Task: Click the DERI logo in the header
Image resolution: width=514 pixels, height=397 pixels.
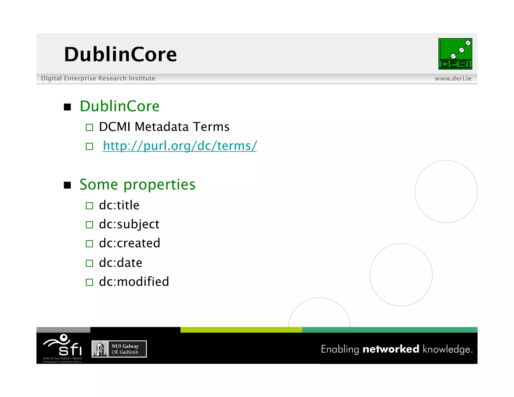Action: [x=455, y=54]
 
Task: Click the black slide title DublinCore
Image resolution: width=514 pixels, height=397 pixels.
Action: [x=120, y=54]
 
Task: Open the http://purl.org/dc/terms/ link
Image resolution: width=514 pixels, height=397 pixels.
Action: [x=180, y=146]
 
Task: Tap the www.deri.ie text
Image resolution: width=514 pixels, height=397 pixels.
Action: [x=453, y=79]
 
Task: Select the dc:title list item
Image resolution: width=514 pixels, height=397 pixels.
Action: [x=119, y=205]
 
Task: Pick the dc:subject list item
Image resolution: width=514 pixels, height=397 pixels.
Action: [x=129, y=224]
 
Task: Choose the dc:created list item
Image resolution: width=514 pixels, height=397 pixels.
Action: [x=130, y=243]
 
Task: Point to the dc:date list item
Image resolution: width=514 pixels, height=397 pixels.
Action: [x=120, y=263]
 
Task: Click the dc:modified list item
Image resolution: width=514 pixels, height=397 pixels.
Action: [x=134, y=282]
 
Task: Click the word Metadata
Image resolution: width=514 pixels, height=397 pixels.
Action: [x=161, y=127]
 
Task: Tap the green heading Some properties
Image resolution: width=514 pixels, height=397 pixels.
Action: [x=137, y=185]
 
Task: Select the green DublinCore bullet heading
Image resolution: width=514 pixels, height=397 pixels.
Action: [x=119, y=106]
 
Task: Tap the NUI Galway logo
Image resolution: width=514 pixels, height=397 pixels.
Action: [x=119, y=349]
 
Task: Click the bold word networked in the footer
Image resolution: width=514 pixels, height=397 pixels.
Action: [x=391, y=349]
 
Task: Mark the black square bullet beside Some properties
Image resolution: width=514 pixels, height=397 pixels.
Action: [x=67, y=185]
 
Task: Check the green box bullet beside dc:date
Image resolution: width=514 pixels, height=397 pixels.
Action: [x=89, y=263]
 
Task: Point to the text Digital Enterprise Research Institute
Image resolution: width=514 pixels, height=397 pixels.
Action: [x=98, y=79]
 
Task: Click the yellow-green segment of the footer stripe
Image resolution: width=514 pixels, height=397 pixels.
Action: [x=241, y=330]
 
